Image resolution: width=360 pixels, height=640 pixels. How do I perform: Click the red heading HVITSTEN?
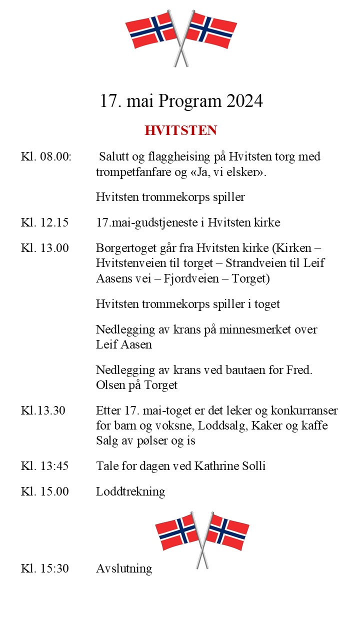tap(180, 130)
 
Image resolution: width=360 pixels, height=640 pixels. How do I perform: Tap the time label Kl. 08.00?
tap(46, 157)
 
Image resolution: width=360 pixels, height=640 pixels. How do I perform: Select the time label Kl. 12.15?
tap(44, 222)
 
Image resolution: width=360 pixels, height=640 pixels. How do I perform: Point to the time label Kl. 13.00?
tap(44, 247)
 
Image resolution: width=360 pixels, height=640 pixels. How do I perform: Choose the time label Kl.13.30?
tap(43, 411)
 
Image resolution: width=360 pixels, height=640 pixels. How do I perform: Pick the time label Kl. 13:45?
tap(44, 466)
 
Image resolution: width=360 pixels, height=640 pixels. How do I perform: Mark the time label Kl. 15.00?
tap(44, 491)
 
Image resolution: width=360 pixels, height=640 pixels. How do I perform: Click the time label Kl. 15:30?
tap(44, 568)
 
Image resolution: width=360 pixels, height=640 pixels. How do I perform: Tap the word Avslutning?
tap(124, 569)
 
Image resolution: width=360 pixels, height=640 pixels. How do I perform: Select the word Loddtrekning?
tap(130, 491)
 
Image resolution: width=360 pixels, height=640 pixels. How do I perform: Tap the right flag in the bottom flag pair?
tap(228, 533)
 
